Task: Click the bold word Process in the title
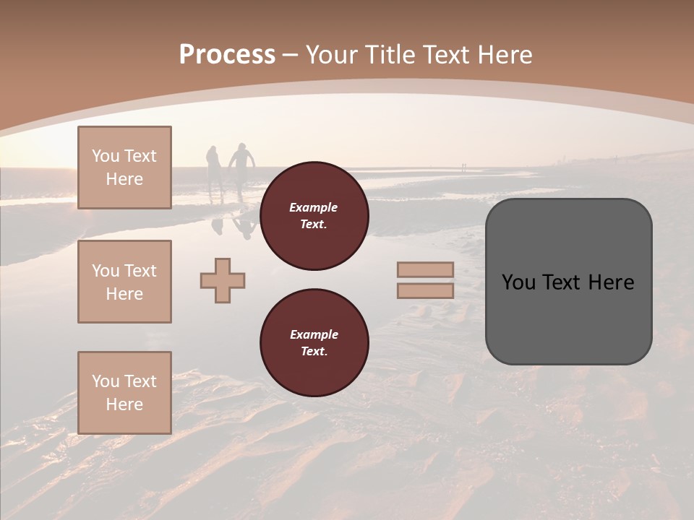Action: (x=227, y=55)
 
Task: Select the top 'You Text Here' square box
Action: (x=124, y=168)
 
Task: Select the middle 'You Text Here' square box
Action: (x=124, y=282)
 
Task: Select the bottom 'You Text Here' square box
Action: (x=124, y=392)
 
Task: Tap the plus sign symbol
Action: (x=223, y=280)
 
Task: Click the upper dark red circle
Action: (x=314, y=216)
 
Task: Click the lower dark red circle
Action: (x=314, y=343)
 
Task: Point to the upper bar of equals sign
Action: (x=425, y=270)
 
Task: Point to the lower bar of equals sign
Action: (x=425, y=291)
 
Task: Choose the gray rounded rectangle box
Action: (x=568, y=282)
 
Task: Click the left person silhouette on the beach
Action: (x=214, y=168)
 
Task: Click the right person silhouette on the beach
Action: (x=242, y=165)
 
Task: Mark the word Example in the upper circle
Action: (x=314, y=207)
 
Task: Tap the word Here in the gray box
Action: (x=609, y=282)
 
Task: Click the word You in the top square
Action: (x=106, y=156)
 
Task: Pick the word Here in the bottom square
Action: (x=124, y=404)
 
